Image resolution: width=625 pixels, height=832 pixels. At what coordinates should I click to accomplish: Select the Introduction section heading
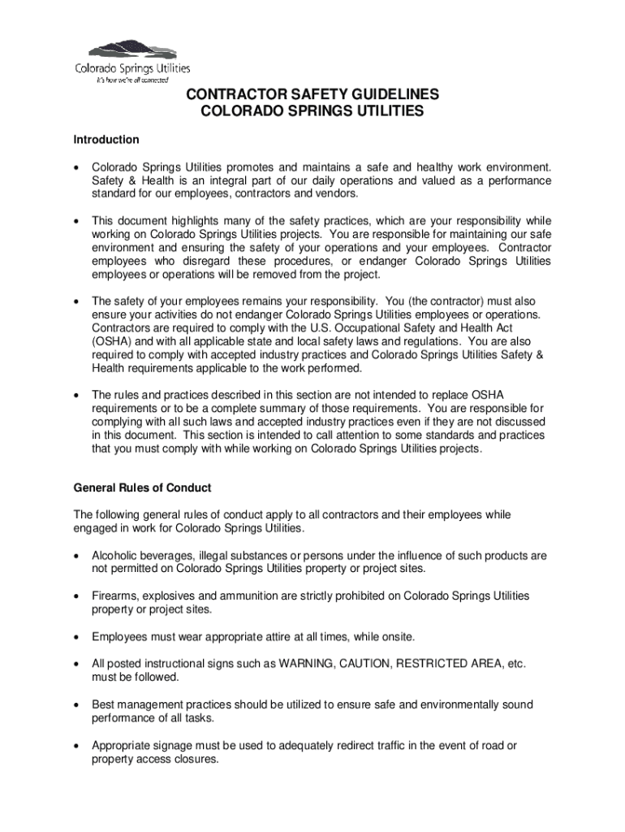click(106, 140)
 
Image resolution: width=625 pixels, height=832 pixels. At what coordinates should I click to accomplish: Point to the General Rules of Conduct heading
click(142, 488)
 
